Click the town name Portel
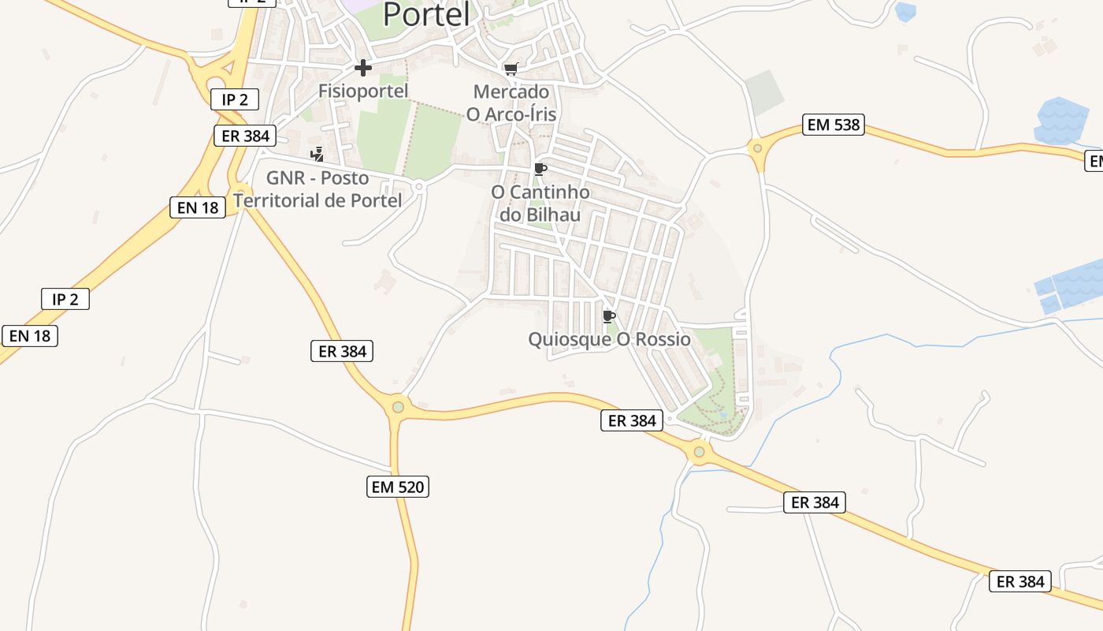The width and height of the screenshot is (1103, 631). (x=426, y=14)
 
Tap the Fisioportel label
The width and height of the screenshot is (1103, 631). (x=363, y=91)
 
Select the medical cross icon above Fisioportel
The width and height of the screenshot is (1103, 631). (x=363, y=68)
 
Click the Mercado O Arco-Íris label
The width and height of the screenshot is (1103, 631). (x=511, y=103)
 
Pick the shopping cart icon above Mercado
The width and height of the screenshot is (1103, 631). (x=511, y=69)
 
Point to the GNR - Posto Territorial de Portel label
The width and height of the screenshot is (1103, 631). (x=318, y=189)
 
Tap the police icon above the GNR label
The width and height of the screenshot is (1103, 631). (x=317, y=154)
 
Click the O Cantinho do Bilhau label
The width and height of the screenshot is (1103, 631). (x=540, y=203)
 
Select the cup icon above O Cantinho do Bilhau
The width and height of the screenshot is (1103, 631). (x=540, y=169)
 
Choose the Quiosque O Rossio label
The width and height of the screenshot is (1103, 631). (x=609, y=339)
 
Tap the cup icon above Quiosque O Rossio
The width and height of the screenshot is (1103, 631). (x=608, y=316)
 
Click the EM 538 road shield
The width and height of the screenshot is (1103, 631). (x=833, y=125)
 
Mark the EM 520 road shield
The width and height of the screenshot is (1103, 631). (x=399, y=487)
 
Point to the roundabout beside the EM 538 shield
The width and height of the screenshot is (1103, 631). (x=757, y=147)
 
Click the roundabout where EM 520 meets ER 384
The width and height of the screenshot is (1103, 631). (x=398, y=407)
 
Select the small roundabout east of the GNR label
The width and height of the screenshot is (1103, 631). (x=419, y=187)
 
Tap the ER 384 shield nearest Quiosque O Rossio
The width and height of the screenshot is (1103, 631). (x=633, y=420)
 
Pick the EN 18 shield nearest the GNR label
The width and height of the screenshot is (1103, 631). (x=198, y=207)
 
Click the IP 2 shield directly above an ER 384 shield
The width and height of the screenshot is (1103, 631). (x=235, y=99)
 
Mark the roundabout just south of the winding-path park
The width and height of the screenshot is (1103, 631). (x=699, y=452)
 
